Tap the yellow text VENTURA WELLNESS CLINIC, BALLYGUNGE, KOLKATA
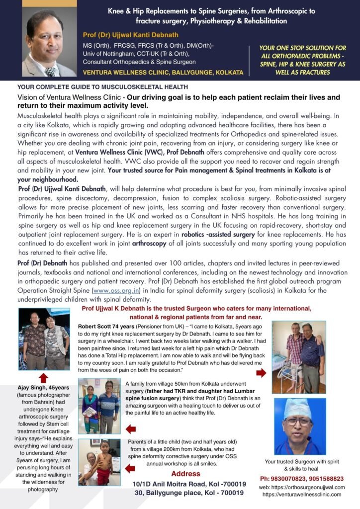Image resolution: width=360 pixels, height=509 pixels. coord(163,72)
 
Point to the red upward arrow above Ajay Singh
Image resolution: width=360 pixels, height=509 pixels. coord(44,377)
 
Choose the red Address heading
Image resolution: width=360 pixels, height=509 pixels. coord(185,474)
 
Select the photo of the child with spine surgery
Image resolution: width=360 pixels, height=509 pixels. coord(99,462)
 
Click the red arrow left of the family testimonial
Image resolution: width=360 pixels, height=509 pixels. coord(131,428)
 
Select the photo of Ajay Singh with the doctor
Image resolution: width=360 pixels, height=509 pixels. coord(44,339)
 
